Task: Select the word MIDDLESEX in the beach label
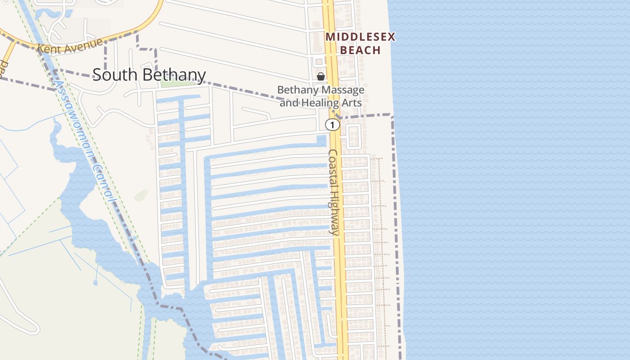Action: (360, 37)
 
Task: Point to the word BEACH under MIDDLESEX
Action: (360, 50)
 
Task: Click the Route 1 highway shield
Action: (332, 125)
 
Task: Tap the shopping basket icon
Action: (321, 76)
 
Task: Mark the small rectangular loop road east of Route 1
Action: (353, 136)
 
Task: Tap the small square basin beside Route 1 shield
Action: (321, 140)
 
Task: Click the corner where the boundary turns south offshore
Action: (392, 117)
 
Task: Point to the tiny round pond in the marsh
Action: (95, 283)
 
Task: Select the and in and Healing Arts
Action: (289, 103)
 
